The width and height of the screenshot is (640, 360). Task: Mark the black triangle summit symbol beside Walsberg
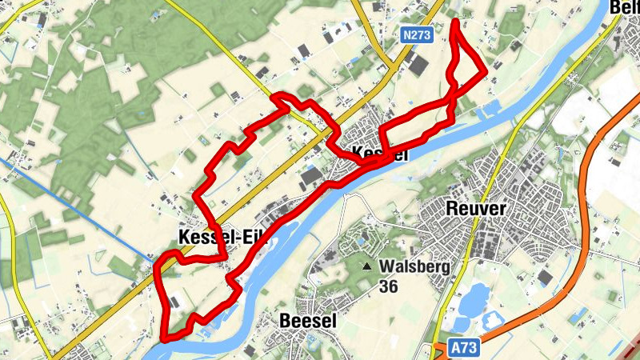pyautogui.click(x=367, y=266)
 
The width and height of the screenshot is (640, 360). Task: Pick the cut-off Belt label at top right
pyautogui.click(x=624, y=8)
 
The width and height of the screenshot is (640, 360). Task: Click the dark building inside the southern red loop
pyautogui.click(x=174, y=302)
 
